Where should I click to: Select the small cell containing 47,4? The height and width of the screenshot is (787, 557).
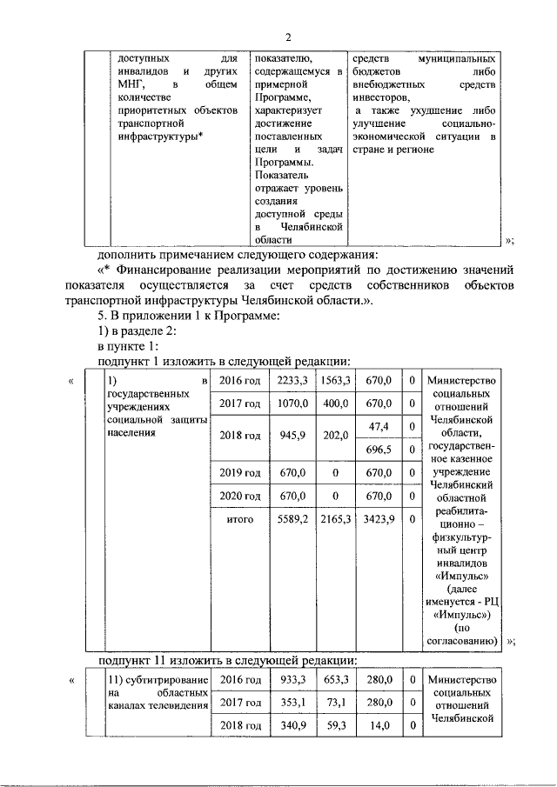pos(379,426)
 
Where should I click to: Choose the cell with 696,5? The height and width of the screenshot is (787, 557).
pos(379,450)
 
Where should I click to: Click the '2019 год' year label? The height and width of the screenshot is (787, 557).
pos(240,473)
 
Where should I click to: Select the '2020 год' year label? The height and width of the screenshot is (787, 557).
pos(240,496)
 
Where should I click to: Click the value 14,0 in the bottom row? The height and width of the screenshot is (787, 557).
pos(379,725)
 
